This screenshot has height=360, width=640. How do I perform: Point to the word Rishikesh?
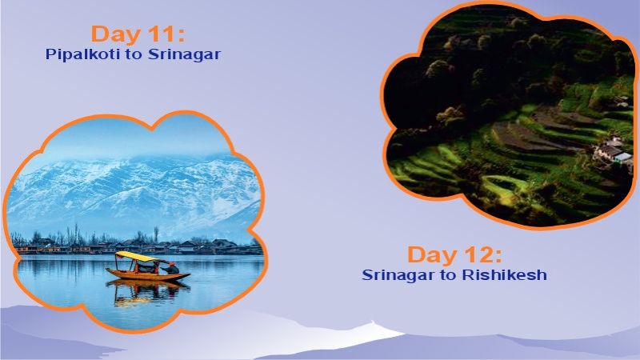[510, 275]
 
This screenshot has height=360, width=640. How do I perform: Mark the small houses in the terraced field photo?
[612, 150]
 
